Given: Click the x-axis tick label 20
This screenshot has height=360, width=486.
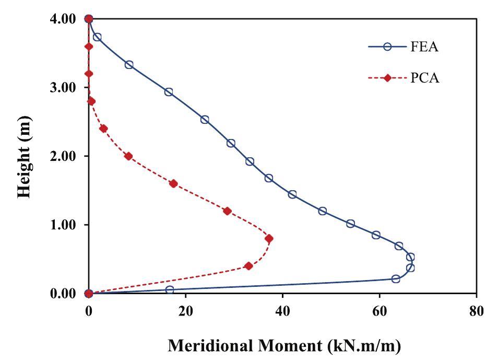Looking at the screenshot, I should point(185,309).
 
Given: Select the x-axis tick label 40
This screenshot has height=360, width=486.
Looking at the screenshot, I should point(282,309).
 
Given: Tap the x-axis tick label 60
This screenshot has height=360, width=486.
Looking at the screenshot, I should point(380,309).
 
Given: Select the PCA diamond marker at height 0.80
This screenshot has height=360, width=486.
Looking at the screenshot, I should point(269,238).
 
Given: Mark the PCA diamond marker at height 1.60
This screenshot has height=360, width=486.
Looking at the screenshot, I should point(173,183).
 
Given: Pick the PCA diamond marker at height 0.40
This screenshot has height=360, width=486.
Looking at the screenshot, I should point(248,266).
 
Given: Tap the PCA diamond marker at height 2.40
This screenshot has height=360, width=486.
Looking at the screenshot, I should point(103,129).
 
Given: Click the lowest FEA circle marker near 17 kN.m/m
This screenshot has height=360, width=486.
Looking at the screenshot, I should point(169,289).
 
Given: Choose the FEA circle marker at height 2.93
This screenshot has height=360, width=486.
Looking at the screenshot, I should point(169,92).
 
